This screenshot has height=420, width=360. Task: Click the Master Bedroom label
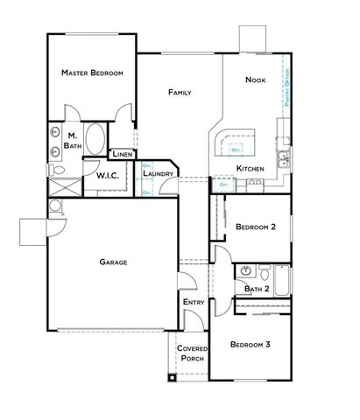point(92,73)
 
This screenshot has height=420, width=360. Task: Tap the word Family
point(180,92)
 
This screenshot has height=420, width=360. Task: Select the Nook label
point(255,80)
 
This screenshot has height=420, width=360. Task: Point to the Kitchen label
point(250,167)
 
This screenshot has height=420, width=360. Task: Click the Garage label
point(114,262)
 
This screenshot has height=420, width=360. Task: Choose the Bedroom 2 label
point(256,227)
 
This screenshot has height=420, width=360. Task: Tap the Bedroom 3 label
point(250,345)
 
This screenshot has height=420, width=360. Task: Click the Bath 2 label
point(256,289)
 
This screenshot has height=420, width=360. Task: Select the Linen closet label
point(122,155)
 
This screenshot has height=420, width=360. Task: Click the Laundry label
point(159,174)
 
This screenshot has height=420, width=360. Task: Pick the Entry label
point(194,303)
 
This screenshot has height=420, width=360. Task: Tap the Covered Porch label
point(192,353)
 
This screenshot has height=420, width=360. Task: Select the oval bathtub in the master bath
point(95,140)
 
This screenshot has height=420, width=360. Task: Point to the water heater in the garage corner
point(55,206)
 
